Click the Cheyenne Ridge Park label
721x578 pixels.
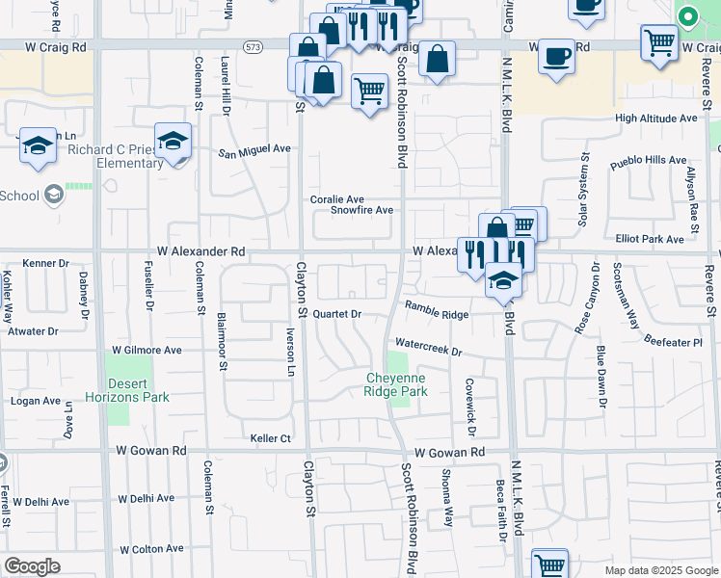395,385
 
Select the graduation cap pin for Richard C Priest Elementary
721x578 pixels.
174,142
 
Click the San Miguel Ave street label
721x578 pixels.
254,149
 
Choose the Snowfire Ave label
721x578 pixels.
361,210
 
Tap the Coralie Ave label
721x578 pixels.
336,199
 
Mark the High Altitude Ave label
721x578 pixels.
655,118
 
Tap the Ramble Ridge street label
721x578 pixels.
436,310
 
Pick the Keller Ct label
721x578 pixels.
271,438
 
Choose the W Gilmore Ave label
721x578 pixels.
147,351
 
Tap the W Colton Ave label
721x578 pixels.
151,549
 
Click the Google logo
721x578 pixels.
32,566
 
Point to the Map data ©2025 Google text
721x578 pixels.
660,570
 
